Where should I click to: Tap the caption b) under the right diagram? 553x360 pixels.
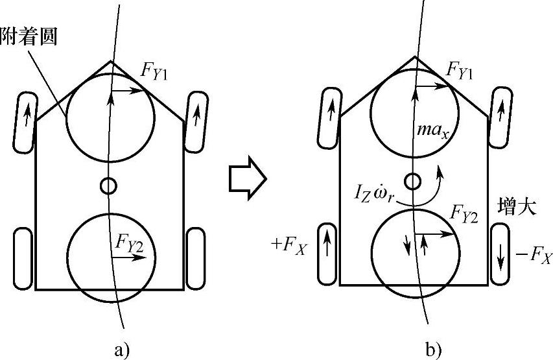[434, 350]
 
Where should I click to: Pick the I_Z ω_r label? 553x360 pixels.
[375, 193]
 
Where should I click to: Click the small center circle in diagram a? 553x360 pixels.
[108, 186]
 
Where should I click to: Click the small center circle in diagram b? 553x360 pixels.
[412, 181]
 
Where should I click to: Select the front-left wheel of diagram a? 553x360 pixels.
[27, 122]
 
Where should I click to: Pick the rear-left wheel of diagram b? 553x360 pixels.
[327, 253]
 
